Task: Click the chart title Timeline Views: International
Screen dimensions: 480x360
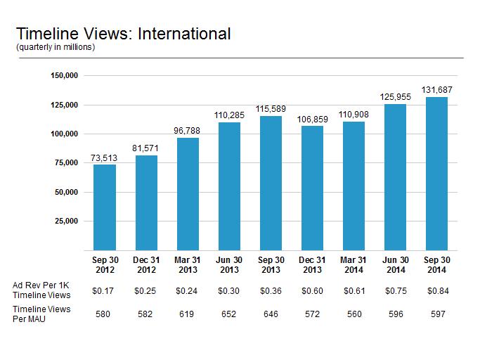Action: pyautogui.click(x=124, y=34)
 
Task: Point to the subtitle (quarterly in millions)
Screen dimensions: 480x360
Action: pyautogui.click(x=56, y=47)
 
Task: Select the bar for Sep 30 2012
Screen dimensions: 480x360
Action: pyautogui.click(x=105, y=207)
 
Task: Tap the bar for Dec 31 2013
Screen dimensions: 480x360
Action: pyautogui.click(x=312, y=188)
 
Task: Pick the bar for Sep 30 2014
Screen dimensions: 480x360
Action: pyautogui.click(x=436, y=174)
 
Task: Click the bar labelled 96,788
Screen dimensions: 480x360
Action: pyautogui.click(x=188, y=194)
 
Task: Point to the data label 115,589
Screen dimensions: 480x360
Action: pyautogui.click(x=271, y=109)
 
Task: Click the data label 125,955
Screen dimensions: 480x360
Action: pyautogui.click(x=395, y=97)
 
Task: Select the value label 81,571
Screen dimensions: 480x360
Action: pyautogui.click(x=145, y=148)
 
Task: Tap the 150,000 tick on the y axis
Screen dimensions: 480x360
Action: pyautogui.click(x=64, y=75)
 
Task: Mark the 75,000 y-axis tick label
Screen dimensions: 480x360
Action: pyautogui.click(x=67, y=162)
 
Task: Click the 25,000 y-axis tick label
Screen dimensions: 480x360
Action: pyautogui.click(x=67, y=221)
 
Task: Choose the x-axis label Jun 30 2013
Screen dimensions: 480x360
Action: pyautogui.click(x=229, y=264)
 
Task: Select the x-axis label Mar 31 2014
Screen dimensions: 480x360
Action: pyautogui.click(x=353, y=264)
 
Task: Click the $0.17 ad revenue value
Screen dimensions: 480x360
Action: pyautogui.click(x=103, y=291)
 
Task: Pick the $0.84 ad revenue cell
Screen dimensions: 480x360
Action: pyautogui.click(x=438, y=291)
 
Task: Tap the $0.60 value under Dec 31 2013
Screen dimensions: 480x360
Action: pyautogui.click(x=312, y=291)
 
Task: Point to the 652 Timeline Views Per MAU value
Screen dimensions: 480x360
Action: pyautogui.click(x=228, y=314)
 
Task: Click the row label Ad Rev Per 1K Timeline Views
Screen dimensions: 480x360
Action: pyautogui.click(x=41, y=290)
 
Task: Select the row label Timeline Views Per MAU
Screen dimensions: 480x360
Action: pyautogui.click(x=41, y=314)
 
